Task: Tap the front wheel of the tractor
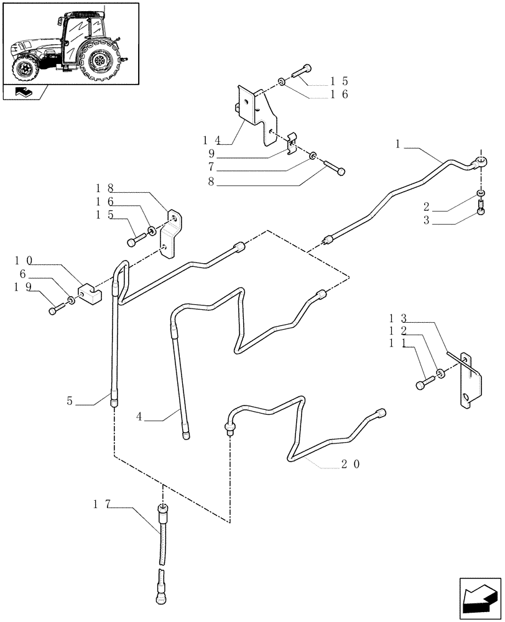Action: point(26,68)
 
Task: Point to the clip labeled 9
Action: point(290,147)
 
